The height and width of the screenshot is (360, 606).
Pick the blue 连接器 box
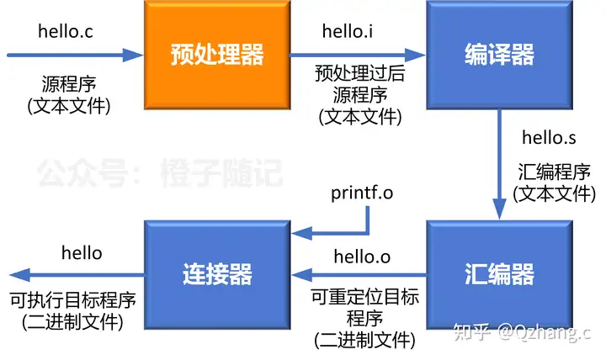tap(216, 274)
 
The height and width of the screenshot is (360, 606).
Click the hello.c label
tap(66, 32)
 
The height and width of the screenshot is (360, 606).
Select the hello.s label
tap(550, 137)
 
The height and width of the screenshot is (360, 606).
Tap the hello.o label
tap(362, 255)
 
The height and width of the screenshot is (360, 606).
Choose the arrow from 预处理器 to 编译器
tap(357, 56)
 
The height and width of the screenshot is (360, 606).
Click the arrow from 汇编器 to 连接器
tap(358, 274)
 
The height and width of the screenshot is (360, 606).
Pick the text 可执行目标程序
tap(72, 300)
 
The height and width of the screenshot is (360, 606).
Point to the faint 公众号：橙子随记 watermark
tap(160, 172)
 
